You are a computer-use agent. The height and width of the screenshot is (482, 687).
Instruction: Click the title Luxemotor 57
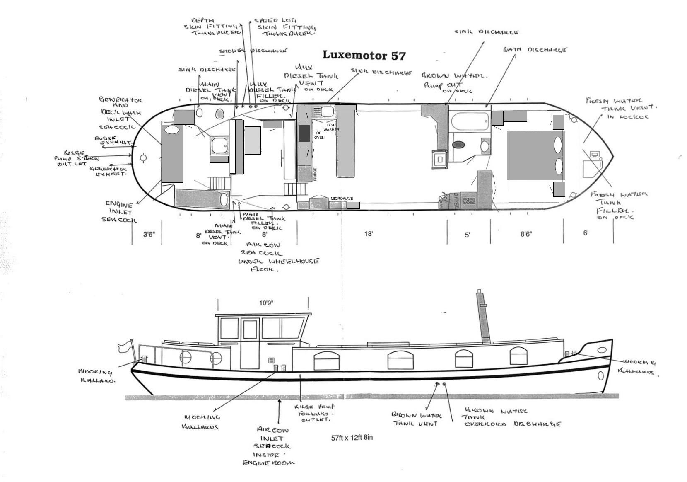(x=364, y=55)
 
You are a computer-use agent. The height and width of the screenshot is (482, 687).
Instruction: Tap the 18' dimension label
(x=369, y=234)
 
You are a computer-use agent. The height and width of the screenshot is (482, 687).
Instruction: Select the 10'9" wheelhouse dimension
(x=266, y=303)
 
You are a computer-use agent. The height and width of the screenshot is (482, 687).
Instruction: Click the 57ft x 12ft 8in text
(x=352, y=438)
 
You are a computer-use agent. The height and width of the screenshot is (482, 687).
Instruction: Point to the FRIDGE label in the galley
(x=315, y=174)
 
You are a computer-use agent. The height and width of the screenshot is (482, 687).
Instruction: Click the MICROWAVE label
(x=342, y=199)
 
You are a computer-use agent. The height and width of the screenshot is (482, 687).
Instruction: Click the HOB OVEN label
(x=319, y=135)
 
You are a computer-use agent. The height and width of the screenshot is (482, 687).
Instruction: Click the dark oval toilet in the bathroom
(x=458, y=145)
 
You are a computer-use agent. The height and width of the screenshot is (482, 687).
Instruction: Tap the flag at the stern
(x=124, y=346)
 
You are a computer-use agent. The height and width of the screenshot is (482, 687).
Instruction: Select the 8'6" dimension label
(x=526, y=234)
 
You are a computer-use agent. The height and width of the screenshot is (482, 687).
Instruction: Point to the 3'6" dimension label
(x=149, y=235)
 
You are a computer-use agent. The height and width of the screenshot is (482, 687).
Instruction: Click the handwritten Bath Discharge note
(x=535, y=50)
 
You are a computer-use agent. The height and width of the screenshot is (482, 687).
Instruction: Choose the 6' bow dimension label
(x=586, y=233)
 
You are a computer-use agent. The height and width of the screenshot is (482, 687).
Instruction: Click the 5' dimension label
(x=467, y=235)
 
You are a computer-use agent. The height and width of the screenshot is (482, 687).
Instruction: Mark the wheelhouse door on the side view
(x=250, y=344)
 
